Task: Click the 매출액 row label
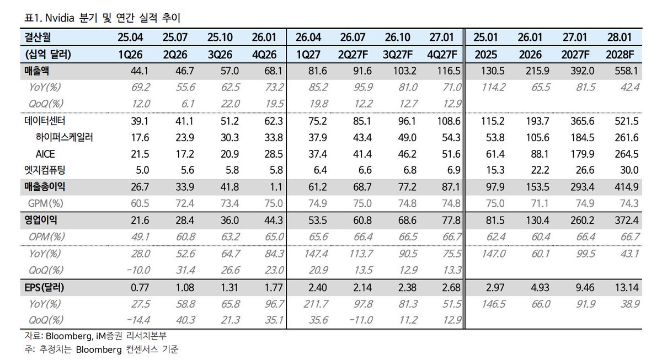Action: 36,71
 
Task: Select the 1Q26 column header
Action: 130,55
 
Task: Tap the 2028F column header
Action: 620,55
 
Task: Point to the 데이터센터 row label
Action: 45,121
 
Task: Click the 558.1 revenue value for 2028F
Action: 626,71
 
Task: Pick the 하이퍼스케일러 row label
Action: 64,137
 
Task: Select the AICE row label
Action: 45,154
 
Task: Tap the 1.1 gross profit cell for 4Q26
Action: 276,187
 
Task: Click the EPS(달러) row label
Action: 44,287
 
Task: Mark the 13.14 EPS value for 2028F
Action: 626,287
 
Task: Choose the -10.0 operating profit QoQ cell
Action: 138,270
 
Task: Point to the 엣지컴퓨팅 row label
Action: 45,170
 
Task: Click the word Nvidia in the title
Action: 60,18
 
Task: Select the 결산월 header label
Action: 38,37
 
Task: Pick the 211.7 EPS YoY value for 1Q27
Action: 316,304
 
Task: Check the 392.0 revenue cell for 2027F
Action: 582,71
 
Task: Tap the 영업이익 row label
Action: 40,220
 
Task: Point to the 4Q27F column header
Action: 442,55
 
